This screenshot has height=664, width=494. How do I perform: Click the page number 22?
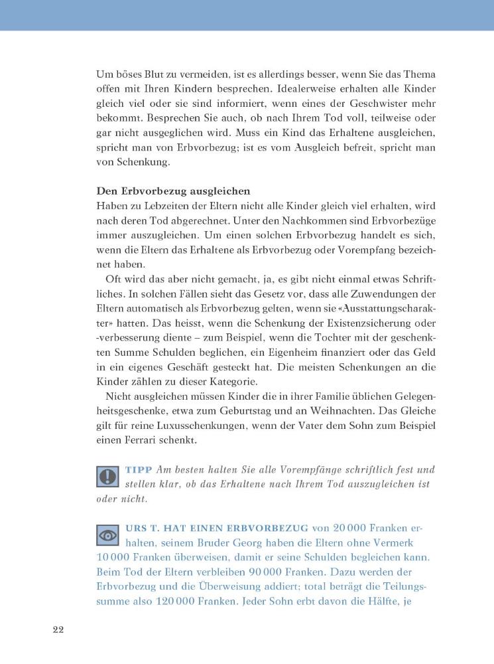(58, 630)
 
